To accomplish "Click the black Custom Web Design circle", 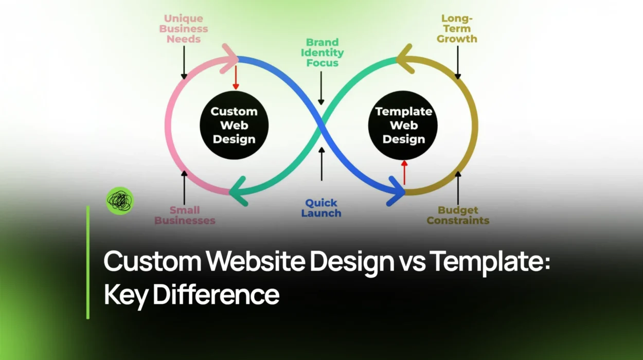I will coord(234,125).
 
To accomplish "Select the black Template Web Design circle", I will coord(404,125).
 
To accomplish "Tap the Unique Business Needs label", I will coord(184,28).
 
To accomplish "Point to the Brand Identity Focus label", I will coord(322,52).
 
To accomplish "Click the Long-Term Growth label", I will coord(457,28).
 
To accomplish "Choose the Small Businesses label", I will coord(185,215).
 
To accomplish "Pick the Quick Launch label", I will coord(321,208).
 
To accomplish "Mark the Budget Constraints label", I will coord(458,215).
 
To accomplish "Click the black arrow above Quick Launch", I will coord(321,164).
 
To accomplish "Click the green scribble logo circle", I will coord(119,201).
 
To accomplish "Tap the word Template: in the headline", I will coord(490,262).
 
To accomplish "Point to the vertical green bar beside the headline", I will coord(88,262).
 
